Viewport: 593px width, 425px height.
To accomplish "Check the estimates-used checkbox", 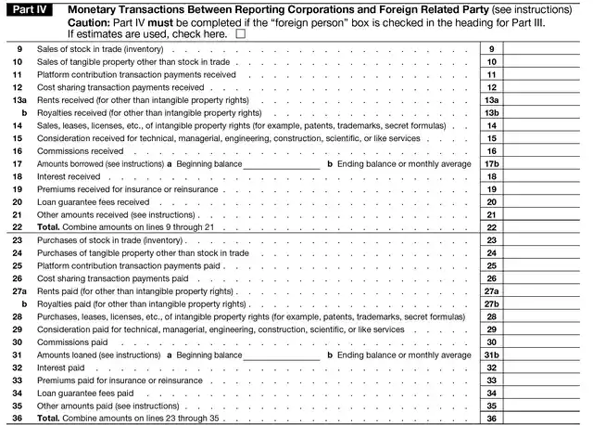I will pyautogui.click(x=241, y=32).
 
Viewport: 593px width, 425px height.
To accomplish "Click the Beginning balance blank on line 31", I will pyautogui.click(x=281, y=354).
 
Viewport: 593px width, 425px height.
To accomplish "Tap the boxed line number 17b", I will pyautogui.click(x=492, y=163).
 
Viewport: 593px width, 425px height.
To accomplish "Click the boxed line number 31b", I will pyautogui.click(x=492, y=354).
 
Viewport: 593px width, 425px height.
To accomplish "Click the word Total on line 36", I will pyautogui.click(x=48, y=419).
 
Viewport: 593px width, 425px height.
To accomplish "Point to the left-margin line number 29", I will pyautogui.click(x=18, y=329).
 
